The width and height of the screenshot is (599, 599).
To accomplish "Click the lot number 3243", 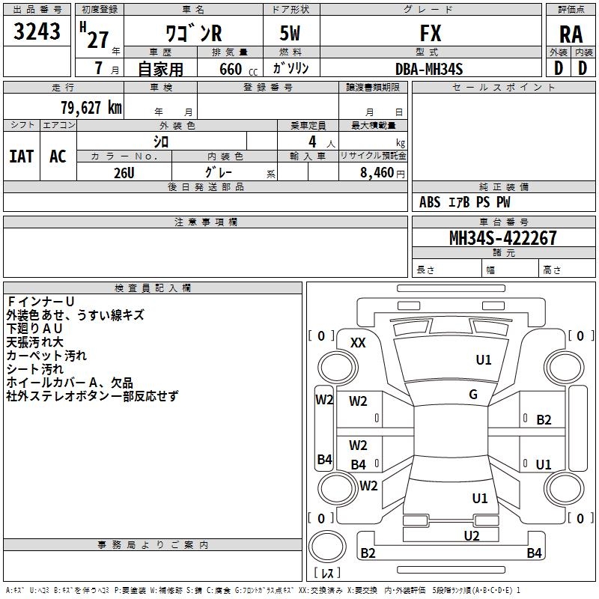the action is [37, 31].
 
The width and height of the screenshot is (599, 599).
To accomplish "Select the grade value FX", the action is [431, 33].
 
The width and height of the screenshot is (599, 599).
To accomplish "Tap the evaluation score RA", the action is [571, 34].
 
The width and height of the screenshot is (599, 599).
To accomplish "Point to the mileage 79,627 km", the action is [91, 107].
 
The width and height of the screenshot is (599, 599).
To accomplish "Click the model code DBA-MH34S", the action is [429, 69].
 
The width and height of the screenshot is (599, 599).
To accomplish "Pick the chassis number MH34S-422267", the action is [503, 238].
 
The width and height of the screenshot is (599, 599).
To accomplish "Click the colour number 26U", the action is [124, 173].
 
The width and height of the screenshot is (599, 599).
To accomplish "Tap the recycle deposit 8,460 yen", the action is [383, 173].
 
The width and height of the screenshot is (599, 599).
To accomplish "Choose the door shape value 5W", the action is [290, 33].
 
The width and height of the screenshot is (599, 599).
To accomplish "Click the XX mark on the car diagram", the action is [358, 343].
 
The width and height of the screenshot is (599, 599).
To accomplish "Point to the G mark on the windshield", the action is [473, 395].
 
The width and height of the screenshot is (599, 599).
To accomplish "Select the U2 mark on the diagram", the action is [472, 535].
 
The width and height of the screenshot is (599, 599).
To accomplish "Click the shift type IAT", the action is [22, 156].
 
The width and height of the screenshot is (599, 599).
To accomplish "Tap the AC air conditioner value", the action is [58, 156].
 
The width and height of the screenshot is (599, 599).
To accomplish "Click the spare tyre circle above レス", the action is [327, 546].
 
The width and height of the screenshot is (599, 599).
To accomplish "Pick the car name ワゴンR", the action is [194, 33].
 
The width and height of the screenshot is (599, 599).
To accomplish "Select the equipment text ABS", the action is [430, 202].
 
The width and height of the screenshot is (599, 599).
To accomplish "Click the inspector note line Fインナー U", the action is [41, 302].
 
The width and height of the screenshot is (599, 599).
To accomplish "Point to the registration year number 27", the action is [98, 40].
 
